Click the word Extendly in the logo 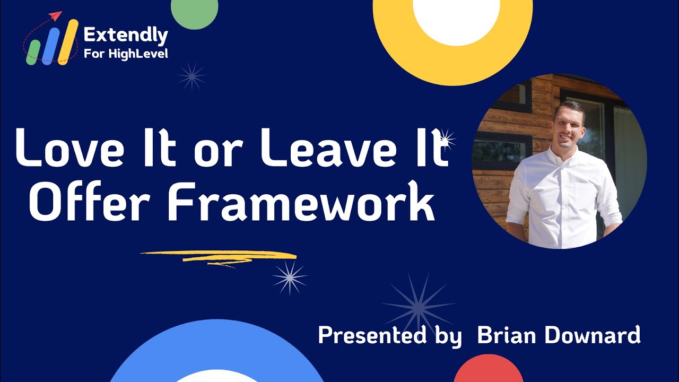[126, 36]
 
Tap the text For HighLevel [126, 54]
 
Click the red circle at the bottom [488, 370]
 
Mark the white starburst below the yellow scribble [290, 277]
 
